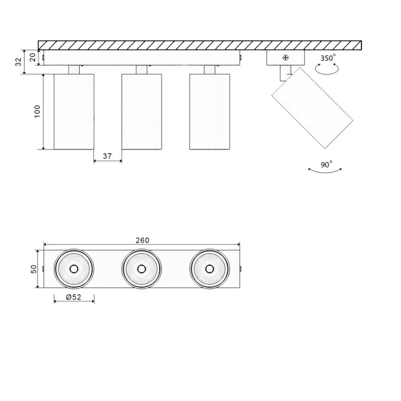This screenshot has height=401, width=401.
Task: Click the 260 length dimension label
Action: tap(142, 240)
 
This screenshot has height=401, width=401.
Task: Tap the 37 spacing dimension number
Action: tap(107, 155)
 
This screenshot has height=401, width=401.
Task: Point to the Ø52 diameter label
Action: tap(73, 297)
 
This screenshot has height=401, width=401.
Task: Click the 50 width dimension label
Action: tap(33, 269)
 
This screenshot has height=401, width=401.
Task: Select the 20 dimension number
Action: tap(33, 57)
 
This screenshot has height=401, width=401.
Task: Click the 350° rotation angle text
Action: tap(328, 58)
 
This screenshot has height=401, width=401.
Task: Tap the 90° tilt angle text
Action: tap(327, 164)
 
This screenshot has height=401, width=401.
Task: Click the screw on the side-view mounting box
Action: tap(285, 57)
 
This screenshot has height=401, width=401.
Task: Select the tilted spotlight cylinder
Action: tap(312, 108)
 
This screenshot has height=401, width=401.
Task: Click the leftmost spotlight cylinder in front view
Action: tap(74, 111)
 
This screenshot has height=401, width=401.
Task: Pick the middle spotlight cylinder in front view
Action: tap(141, 111)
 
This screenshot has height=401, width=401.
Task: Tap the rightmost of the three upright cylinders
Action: tap(209, 111)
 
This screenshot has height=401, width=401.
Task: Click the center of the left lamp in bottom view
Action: tap(74, 269)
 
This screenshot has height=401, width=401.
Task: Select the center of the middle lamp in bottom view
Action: tap(141, 269)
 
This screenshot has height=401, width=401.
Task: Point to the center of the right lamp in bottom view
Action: tap(209, 269)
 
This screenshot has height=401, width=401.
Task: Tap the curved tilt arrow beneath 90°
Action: tap(325, 171)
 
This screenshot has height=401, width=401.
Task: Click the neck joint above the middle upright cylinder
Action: tap(141, 70)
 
